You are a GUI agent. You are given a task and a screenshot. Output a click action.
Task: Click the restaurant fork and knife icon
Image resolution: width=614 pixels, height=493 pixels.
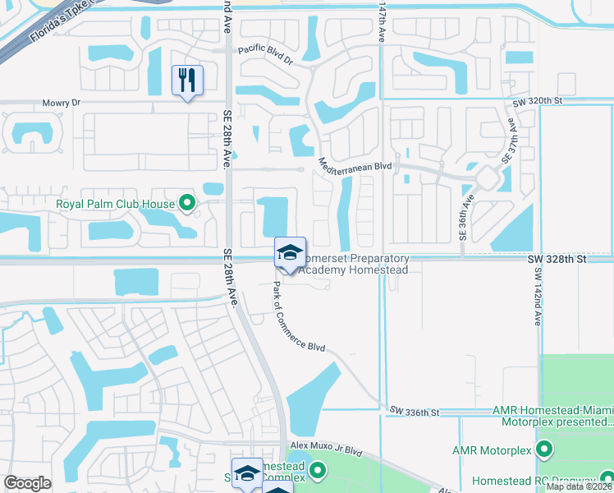(187, 81)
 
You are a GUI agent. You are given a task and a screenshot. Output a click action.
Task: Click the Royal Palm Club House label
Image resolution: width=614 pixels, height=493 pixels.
(115, 204)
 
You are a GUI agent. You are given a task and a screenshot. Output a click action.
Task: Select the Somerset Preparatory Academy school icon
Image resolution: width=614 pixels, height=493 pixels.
(290, 252)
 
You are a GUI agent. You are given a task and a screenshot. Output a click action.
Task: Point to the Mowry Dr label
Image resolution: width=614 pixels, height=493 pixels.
(62, 104)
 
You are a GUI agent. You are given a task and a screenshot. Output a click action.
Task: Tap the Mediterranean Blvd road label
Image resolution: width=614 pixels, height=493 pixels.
(355, 164)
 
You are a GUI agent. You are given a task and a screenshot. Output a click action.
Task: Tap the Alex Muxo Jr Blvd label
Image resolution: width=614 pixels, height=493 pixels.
(326, 451)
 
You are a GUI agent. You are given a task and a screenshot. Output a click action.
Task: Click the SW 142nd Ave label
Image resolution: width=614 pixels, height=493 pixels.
(538, 297)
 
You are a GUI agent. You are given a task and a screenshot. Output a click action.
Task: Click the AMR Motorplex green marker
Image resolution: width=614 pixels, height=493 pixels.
(543, 449)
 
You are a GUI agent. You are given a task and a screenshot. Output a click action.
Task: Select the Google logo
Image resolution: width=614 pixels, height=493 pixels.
(27, 483)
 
